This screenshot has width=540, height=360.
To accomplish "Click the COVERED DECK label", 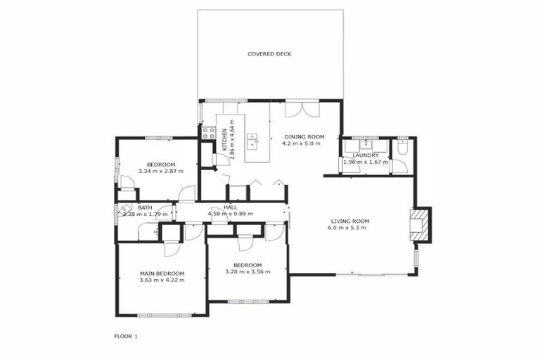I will click(x=269, y=54).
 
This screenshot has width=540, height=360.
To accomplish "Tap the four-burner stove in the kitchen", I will click(x=208, y=131).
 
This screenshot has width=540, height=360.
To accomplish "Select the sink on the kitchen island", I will click(x=257, y=141).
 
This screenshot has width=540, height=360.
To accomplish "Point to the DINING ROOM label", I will click(x=304, y=136).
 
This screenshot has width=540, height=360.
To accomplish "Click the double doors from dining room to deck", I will click(x=302, y=110).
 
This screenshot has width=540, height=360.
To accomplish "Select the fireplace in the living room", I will click(x=420, y=224).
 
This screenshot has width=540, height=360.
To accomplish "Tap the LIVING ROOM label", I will click(x=350, y=221).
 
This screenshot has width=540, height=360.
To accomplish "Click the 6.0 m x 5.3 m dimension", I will click(x=350, y=228).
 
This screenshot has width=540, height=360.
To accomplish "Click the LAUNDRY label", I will click(x=366, y=155).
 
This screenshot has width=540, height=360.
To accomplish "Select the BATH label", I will click(x=146, y=207).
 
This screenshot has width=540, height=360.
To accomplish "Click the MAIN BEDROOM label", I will click(x=162, y=274).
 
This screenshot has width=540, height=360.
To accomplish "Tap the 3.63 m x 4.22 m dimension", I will click(x=162, y=280).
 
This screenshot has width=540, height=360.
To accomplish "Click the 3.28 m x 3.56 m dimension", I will click(x=247, y=271).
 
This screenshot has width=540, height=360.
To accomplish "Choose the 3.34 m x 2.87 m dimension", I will click(x=161, y=171).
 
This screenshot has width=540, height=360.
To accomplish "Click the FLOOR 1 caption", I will click(x=126, y=336).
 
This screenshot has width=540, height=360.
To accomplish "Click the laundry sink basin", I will click(x=366, y=146).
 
